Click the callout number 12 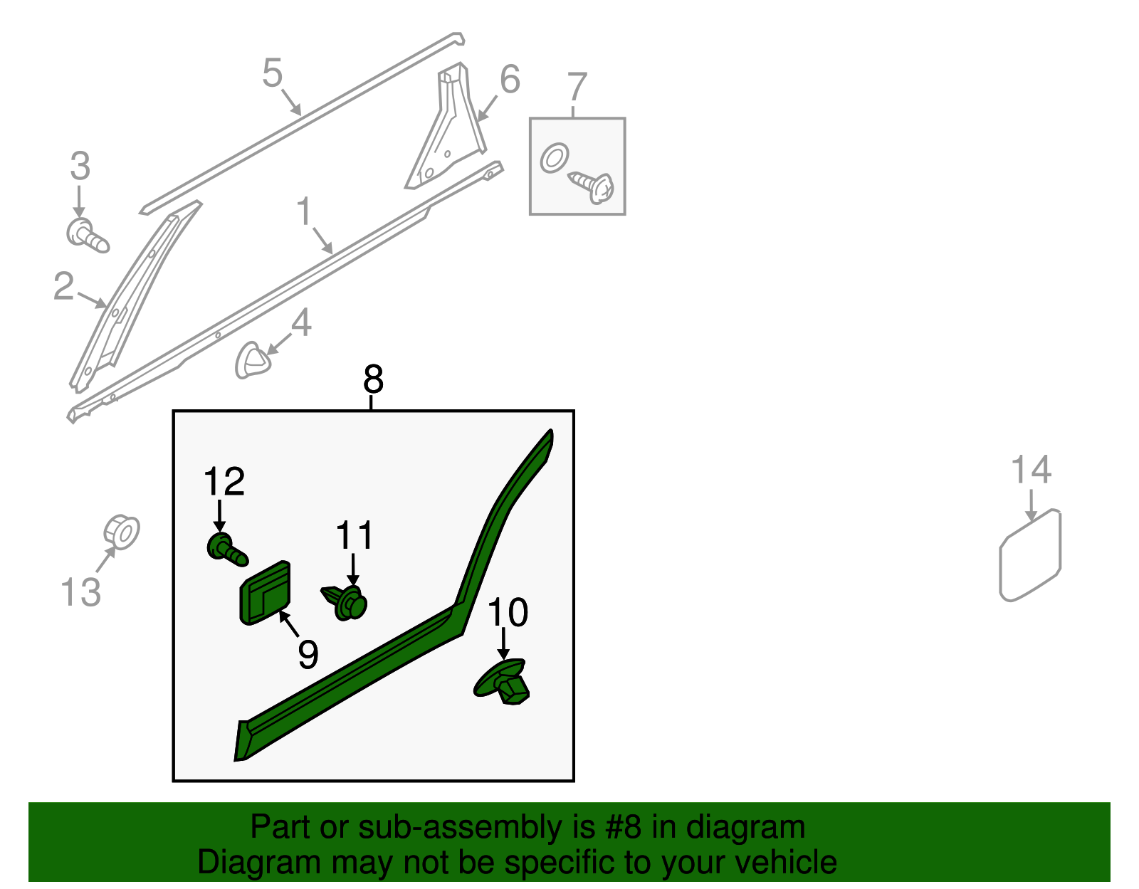(x=224, y=481)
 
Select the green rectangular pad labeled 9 (x=265, y=592)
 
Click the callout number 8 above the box (x=373, y=379)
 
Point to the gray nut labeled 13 (x=122, y=532)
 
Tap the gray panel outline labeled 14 (x=1031, y=555)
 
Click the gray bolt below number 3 (x=88, y=237)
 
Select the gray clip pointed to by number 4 (x=253, y=360)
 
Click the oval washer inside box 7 (x=555, y=158)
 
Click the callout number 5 (x=273, y=73)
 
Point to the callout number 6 (x=510, y=79)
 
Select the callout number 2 (x=64, y=287)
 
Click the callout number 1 (x=304, y=211)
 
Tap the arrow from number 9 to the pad (x=289, y=624)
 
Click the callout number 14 (x=1031, y=469)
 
